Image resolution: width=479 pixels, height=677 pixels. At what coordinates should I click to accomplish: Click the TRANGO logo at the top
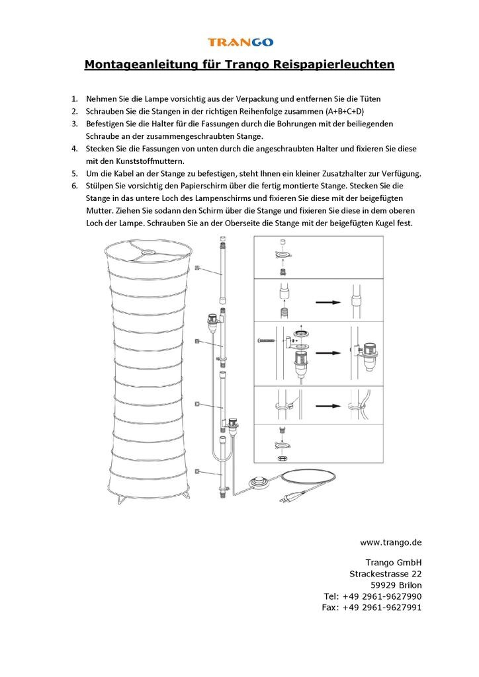point(240,42)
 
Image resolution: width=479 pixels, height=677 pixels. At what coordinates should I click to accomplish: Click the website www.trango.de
point(391,542)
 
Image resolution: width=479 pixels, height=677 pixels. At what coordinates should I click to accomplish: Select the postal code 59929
point(383,585)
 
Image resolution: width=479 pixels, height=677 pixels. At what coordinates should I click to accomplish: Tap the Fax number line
point(371,607)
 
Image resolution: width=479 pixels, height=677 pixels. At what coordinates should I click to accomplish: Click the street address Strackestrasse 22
point(385,574)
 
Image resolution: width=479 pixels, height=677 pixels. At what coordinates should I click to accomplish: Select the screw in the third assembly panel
point(263,340)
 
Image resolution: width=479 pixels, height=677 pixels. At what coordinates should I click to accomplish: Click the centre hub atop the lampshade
point(146,251)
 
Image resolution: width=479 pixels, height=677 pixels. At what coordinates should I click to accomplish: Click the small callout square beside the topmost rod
point(198,267)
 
